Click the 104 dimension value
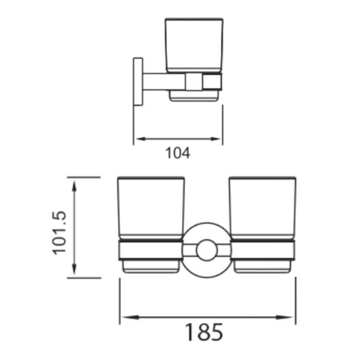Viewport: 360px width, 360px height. (x=178, y=153)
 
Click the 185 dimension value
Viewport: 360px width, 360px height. (x=202, y=332)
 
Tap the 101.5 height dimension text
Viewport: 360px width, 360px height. (x=60, y=232)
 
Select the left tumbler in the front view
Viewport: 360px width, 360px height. (x=151, y=209)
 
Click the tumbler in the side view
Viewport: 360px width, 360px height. (x=194, y=45)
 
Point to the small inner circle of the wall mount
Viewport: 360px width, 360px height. (x=205, y=250)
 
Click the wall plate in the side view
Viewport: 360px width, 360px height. (x=138, y=82)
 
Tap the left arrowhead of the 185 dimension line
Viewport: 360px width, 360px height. (x=124, y=317)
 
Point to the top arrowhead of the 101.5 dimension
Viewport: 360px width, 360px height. (x=74, y=183)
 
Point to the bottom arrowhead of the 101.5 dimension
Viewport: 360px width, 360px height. (x=74, y=272)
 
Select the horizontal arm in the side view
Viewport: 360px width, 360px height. (x=164, y=82)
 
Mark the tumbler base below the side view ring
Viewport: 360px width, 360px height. (x=194, y=96)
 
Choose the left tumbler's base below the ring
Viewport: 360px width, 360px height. (x=151, y=267)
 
